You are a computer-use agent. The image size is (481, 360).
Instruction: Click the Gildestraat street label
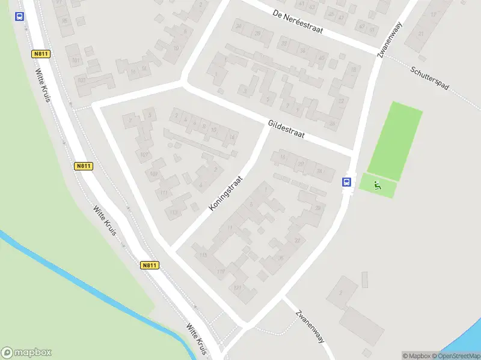point(286,130)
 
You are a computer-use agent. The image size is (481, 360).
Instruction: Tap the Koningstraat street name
point(225,193)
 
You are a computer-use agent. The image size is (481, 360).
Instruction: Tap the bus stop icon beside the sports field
point(346,182)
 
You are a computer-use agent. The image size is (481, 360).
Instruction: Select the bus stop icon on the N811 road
point(19,16)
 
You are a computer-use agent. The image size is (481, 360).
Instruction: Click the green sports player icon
point(377,185)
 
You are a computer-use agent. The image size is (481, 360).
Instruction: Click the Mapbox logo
point(26,353)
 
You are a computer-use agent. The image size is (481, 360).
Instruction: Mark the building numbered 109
point(153,174)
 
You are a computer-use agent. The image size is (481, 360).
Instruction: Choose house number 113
point(173,212)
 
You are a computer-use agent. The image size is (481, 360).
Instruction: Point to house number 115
point(203,255)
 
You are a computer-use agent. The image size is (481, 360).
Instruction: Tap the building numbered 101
point(76,61)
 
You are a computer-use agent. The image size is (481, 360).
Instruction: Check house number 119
point(221,271)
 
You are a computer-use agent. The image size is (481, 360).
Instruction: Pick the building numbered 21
point(421,33)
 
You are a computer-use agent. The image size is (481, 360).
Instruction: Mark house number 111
point(164,193)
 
